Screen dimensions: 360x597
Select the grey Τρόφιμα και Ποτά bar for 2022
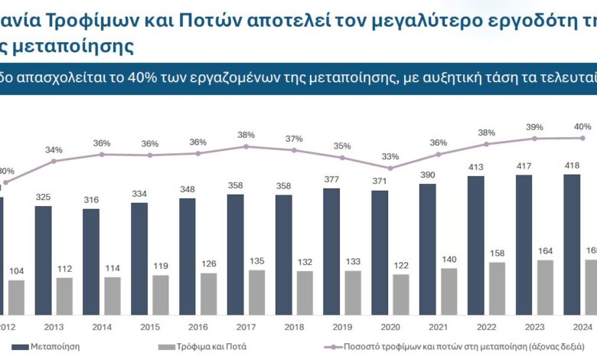(x=497, y=288)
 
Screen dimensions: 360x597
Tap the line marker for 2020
(x=390, y=168)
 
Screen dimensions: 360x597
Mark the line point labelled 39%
(x=535, y=139)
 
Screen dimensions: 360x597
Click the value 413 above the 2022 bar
(x=477, y=166)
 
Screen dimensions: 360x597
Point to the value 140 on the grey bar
(x=449, y=259)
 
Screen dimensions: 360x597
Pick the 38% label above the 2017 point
(x=246, y=135)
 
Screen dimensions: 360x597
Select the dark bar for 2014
(x=91, y=261)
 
